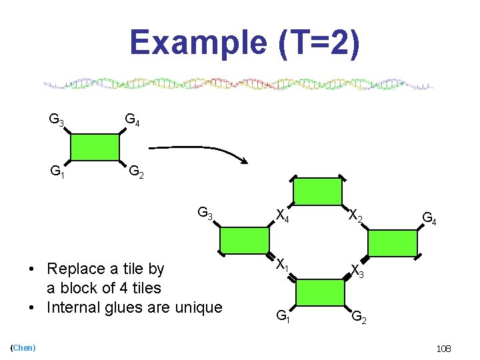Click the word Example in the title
click(x=197, y=43)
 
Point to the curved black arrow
click(x=200, y=148)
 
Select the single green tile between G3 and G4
click(x=95, y=147)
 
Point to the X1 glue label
click(x=283, y=265)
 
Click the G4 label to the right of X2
click(x=429, y=217)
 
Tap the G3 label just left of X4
click(x=205, y=214)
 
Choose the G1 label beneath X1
click(x=283, y=315)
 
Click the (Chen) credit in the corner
click(x=23, y=347)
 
